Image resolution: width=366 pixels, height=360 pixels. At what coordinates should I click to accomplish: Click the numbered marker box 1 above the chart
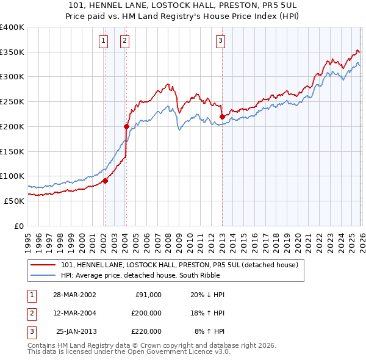[x=104, y=41]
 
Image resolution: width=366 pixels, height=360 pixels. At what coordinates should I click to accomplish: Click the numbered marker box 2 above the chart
[x=124, y=41]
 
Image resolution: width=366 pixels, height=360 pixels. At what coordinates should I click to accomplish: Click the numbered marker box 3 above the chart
[x=220, y=41]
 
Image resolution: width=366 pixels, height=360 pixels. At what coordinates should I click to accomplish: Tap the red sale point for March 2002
[x=105, y=181]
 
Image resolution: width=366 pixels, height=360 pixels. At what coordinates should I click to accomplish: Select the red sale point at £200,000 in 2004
[x=126, y=127]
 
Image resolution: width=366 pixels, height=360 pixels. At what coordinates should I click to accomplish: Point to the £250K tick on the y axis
[x=12, y=102]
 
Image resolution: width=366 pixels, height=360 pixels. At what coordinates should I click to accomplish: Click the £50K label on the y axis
[x=14, y=201]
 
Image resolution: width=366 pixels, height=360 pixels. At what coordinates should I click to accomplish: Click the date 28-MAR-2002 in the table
[x=74, y=294]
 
